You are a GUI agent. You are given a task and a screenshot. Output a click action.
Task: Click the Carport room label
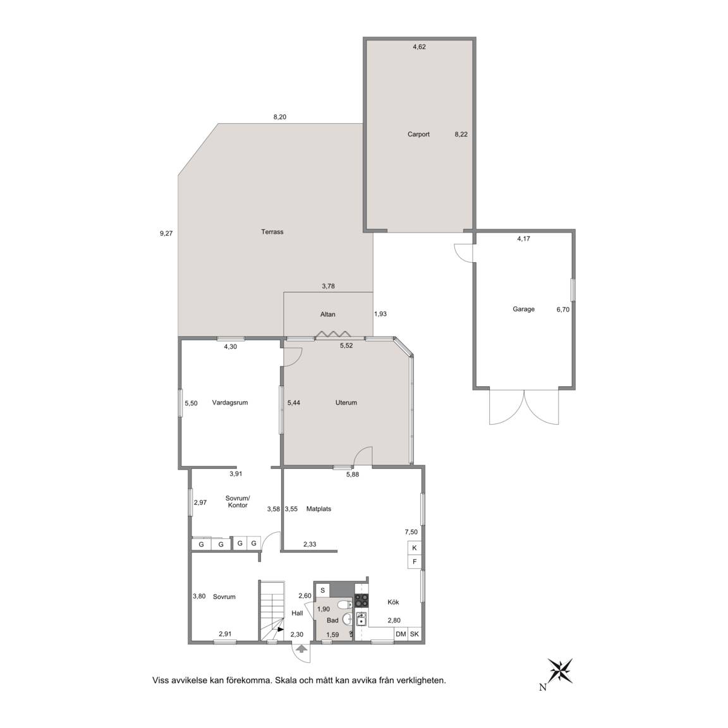pos(418,134)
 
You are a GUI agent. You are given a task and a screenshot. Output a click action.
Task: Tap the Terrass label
pos(272,232)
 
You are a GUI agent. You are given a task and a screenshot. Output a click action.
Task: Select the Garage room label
pos(523,309)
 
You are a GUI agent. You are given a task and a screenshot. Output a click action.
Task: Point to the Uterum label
pos(346,403)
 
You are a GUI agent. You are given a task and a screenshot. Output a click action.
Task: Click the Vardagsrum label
pos(230,403)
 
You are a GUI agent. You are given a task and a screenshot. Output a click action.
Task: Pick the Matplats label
pos(318,509)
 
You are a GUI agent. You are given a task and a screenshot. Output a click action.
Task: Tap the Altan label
pos(327,314)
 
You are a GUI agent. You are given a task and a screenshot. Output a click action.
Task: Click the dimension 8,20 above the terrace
pos(279,117)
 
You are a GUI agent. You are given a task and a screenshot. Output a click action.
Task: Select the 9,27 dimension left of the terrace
pos(166,234)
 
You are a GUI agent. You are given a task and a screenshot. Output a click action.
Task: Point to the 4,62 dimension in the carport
pos(419,46)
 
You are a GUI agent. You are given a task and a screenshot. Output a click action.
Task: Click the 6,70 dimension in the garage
pos(562,309)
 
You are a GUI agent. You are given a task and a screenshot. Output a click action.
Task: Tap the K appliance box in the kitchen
pos(415,548)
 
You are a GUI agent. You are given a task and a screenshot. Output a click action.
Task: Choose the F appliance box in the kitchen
pos(415,562)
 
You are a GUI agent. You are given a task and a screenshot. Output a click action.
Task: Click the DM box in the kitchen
pos(401,634)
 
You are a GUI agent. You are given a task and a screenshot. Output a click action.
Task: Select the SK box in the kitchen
pos(415,634)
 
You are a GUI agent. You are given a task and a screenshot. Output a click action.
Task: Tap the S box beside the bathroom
pos(322,591)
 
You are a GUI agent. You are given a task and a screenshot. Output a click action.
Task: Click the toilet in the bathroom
pos(344,605)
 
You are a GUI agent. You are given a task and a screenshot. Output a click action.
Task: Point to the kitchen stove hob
pos(361,601)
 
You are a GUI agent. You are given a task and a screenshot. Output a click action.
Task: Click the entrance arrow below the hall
pos(301,648)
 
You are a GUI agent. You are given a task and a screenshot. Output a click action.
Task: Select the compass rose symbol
pos(560,671)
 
